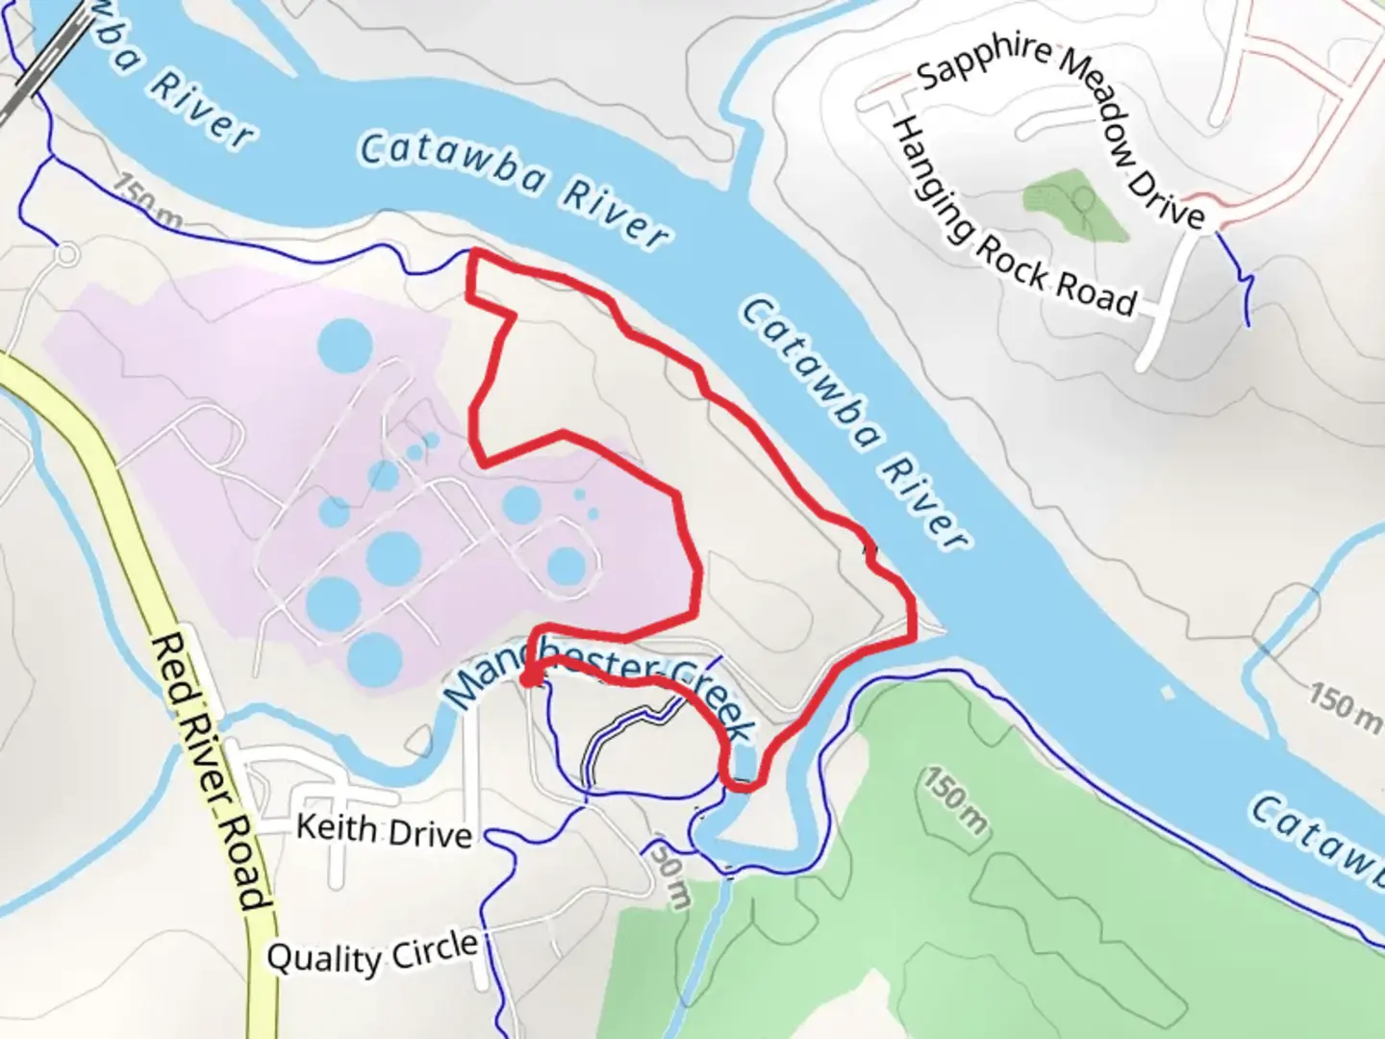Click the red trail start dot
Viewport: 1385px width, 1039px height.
(528, 679)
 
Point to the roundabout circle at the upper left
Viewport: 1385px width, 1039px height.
(66, 256)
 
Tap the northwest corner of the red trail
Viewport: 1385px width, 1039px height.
(471, 253)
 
